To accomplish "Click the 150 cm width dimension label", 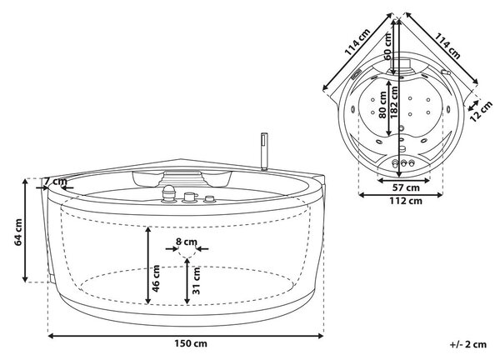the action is pyautogui.click(x=190, y=343).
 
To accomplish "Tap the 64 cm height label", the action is pyautogui.click(x=18, y=232).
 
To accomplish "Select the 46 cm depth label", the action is pyautogui.click(x=156, y=278).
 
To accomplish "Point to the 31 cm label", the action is pyautogui.click(x=196, y=281).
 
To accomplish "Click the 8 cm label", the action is pyautogui.click(x=187, y=242).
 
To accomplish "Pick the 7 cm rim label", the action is pyautogui.click(x=55, y=182).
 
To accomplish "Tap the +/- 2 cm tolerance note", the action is pyautogui.click(x=468, y=344).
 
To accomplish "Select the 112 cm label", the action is pyautogui.click(x=406, y=201).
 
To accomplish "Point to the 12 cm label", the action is pyautogui.click(x=481, y=111).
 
